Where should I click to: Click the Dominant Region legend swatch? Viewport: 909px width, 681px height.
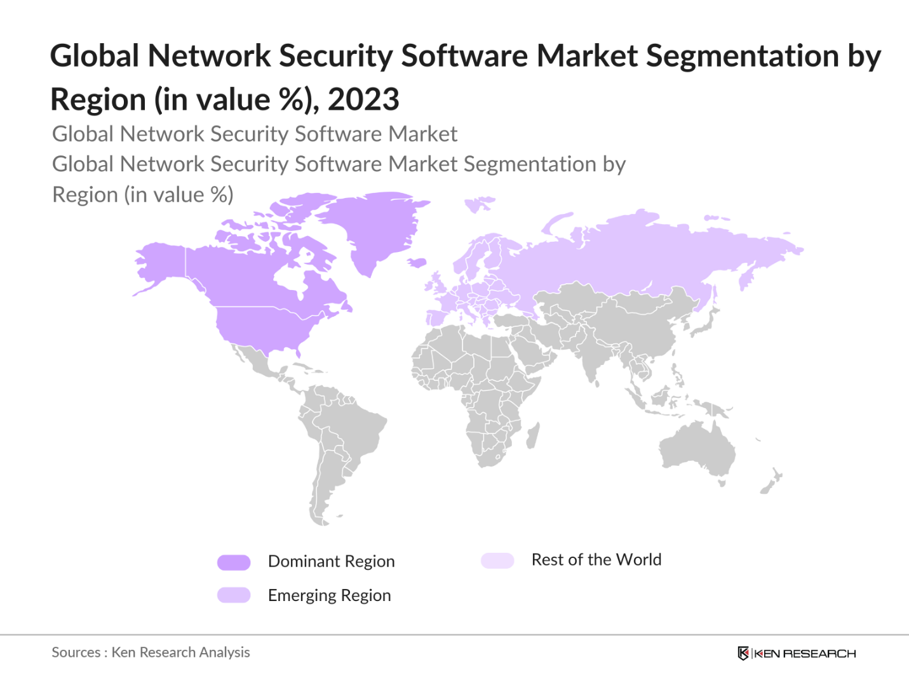pyautogui.click(x=234, y=562)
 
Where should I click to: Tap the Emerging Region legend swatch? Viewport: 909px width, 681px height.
pyautogui.click(x=234, y=595)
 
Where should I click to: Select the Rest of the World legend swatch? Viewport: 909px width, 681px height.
pyautogui.click(x=497, y=560)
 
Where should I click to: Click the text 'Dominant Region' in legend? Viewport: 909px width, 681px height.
pyautogui.click(x=331, y=562)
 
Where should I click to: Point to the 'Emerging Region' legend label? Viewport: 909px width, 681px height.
pyautogui.click(x=329, y=595)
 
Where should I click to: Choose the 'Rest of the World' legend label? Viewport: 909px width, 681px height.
pyautogui.click(x=596, y=560)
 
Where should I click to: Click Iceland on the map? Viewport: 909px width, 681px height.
pyautogui.click(x=417, y=262)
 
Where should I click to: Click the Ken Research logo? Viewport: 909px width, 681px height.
pyautogui.click(x=797, y=653)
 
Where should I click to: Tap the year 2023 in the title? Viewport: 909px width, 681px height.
pyautogui.click(x=363, y=100)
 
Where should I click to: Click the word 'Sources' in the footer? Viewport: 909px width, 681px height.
pyautogui.click(x=76, y=652)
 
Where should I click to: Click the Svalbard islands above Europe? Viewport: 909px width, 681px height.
pyautogui.click(x=480, y=204)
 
